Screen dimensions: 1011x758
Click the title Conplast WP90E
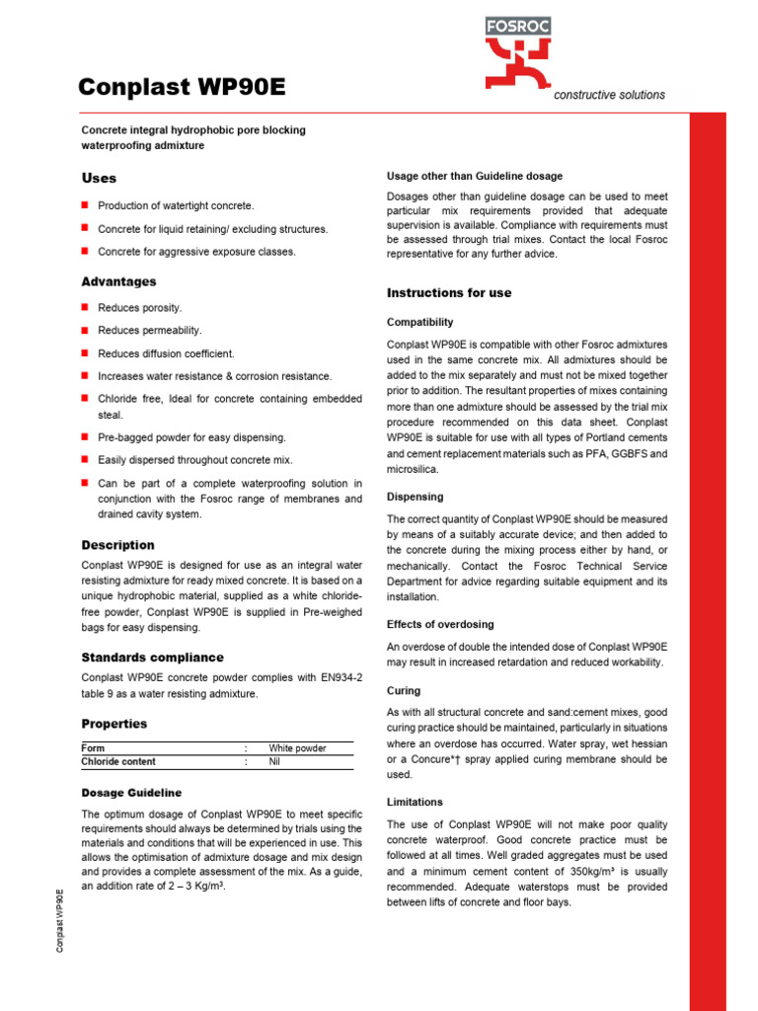tap(183, 88)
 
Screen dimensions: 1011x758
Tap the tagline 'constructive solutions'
tap(609, 95)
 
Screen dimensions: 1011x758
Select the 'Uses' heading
tap(99, 179)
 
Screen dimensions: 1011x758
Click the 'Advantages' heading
tap(118, 282)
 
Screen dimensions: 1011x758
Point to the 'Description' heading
tap(117, 545)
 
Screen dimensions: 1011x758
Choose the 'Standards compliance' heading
tap(152, 658)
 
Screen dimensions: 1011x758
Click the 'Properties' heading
tap(114, 724)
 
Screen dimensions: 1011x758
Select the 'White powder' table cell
tap(297, 748)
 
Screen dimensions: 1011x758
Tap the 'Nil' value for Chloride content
tap(275, 762)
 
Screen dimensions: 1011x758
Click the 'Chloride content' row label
tap(118, 762)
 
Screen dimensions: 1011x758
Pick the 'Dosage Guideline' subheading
tap(131, 793)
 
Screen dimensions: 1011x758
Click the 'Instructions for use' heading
tap(449, 293)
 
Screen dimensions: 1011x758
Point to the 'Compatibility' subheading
tap(420, 323)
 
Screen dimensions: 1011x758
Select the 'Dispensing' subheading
tap(416, 498)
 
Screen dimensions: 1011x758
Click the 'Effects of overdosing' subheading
tap(440, 625)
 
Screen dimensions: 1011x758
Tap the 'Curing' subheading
tap(404, 691)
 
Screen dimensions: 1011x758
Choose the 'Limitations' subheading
tap(415, 803)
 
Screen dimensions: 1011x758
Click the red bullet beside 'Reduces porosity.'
tap(85, 308)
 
